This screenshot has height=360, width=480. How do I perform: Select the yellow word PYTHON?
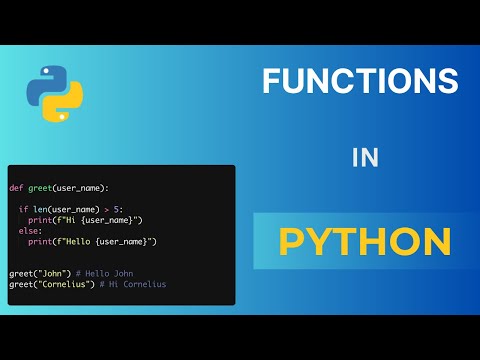click(x=364, y=241)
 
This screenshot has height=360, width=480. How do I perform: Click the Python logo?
click(x=54, y=94)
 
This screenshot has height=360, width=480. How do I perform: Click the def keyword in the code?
click(x=15, y=187)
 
